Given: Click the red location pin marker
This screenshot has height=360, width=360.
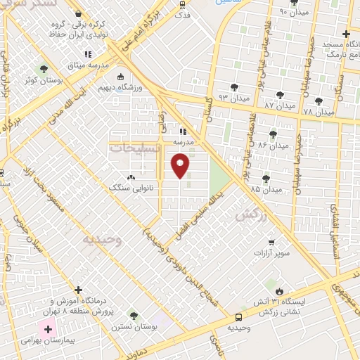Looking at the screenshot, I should coord(180,166).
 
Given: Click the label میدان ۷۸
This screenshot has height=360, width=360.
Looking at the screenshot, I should coord(318,112).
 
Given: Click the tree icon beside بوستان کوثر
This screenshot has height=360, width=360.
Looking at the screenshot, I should coord(44,69).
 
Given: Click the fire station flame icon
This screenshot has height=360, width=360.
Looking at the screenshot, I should coord(279,290).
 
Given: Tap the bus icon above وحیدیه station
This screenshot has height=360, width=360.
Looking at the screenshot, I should coord(238,317).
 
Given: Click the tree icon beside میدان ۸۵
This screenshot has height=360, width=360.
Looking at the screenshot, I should coord(266,179).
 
